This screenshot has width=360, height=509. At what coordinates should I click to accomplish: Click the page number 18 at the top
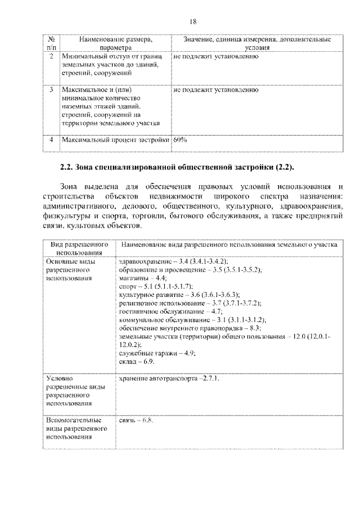coord(192,21)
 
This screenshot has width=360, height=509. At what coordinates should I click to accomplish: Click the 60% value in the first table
coord(180,139)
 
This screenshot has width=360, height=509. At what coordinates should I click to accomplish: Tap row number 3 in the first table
coord(51,89)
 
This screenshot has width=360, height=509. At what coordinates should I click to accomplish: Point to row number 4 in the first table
coord(51,139)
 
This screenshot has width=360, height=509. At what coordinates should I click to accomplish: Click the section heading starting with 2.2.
coord(177,167)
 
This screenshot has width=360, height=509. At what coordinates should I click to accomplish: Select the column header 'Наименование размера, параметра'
coord(115,44)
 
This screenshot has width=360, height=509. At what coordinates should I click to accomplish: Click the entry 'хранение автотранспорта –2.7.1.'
coord(168,378)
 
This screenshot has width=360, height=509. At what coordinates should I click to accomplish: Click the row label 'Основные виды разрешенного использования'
coord(70,270)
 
